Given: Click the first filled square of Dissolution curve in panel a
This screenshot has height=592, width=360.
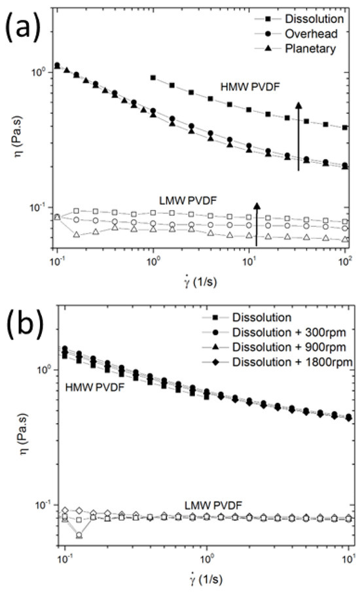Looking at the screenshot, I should tap(153, 77).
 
